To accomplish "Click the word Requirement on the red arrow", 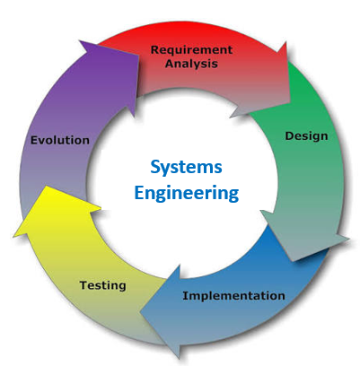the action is coord(191,50).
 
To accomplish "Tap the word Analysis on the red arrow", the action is coord(191,64).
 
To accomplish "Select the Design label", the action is coord(306,136).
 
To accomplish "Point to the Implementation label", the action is coord(233,296).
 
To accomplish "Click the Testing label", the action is coord(102,285).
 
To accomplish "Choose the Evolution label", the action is coord(60,140).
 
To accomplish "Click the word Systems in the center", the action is coord(186,167).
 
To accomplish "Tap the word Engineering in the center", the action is coord(187,194).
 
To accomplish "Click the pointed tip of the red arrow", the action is coord(290,102).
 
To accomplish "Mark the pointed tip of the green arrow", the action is coord(294,261).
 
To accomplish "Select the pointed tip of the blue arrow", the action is coord(140,312).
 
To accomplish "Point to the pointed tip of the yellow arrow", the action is coord(46,186).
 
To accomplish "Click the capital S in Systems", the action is coord(155,167).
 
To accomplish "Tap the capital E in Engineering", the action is coord(139,192).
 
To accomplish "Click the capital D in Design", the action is coord(289,136).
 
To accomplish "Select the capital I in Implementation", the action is coord(185,296).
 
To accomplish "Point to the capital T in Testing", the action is coord(83,285).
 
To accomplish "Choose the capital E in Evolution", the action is coord(34,140).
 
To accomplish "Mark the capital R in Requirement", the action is coord(154,49).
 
